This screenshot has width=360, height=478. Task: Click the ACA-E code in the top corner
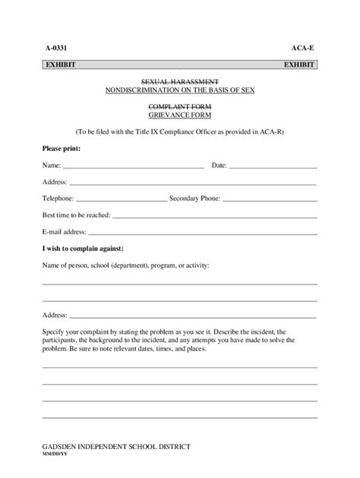[x=303, y=47]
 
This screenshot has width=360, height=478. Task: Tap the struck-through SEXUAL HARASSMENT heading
[x=180, y=81]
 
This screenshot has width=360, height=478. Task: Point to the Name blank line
[x=133, y=165]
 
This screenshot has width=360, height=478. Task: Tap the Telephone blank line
[x=122, y=199]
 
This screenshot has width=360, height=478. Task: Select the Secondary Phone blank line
[x=269, y=199]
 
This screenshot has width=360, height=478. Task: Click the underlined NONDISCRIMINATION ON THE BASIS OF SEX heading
[x=180, y=90]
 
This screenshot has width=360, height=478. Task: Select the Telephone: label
[x=58, y=199]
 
